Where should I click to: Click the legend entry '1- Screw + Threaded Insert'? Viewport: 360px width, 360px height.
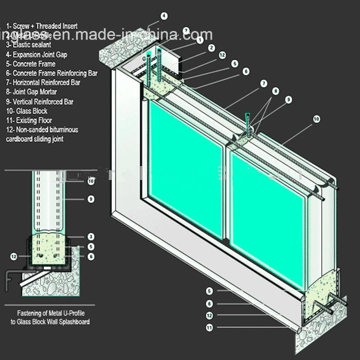coord(41,26)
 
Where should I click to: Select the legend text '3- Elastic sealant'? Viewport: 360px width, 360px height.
coord(28,45)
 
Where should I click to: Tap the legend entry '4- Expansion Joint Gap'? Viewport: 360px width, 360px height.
coord(37,54)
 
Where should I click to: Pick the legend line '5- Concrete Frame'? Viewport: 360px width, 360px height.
coord(31,64)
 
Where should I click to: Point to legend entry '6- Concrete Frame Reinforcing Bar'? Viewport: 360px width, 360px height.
coord(51,73)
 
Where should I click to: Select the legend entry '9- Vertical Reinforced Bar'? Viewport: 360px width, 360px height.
coord(40,102)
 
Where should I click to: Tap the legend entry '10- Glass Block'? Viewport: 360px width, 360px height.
coord(27,111)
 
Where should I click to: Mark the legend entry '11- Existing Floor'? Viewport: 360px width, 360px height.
coord(29,121)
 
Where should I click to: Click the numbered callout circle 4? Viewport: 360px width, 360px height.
coord(164,16)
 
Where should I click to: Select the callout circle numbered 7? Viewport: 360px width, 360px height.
coord(264,83)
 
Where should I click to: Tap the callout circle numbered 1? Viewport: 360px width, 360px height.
coord(199,40)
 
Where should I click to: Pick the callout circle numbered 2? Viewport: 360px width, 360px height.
coord(211,47)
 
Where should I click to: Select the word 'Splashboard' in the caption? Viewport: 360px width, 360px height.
coord(74,322)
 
